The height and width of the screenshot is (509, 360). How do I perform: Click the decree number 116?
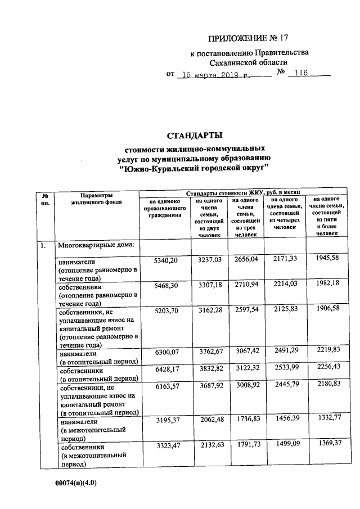pos(298,74)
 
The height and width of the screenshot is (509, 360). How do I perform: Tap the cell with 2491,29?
pos(285,352)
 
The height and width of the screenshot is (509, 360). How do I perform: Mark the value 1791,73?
pos(245,446)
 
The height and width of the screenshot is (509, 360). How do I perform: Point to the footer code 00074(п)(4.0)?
pos(76,483)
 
